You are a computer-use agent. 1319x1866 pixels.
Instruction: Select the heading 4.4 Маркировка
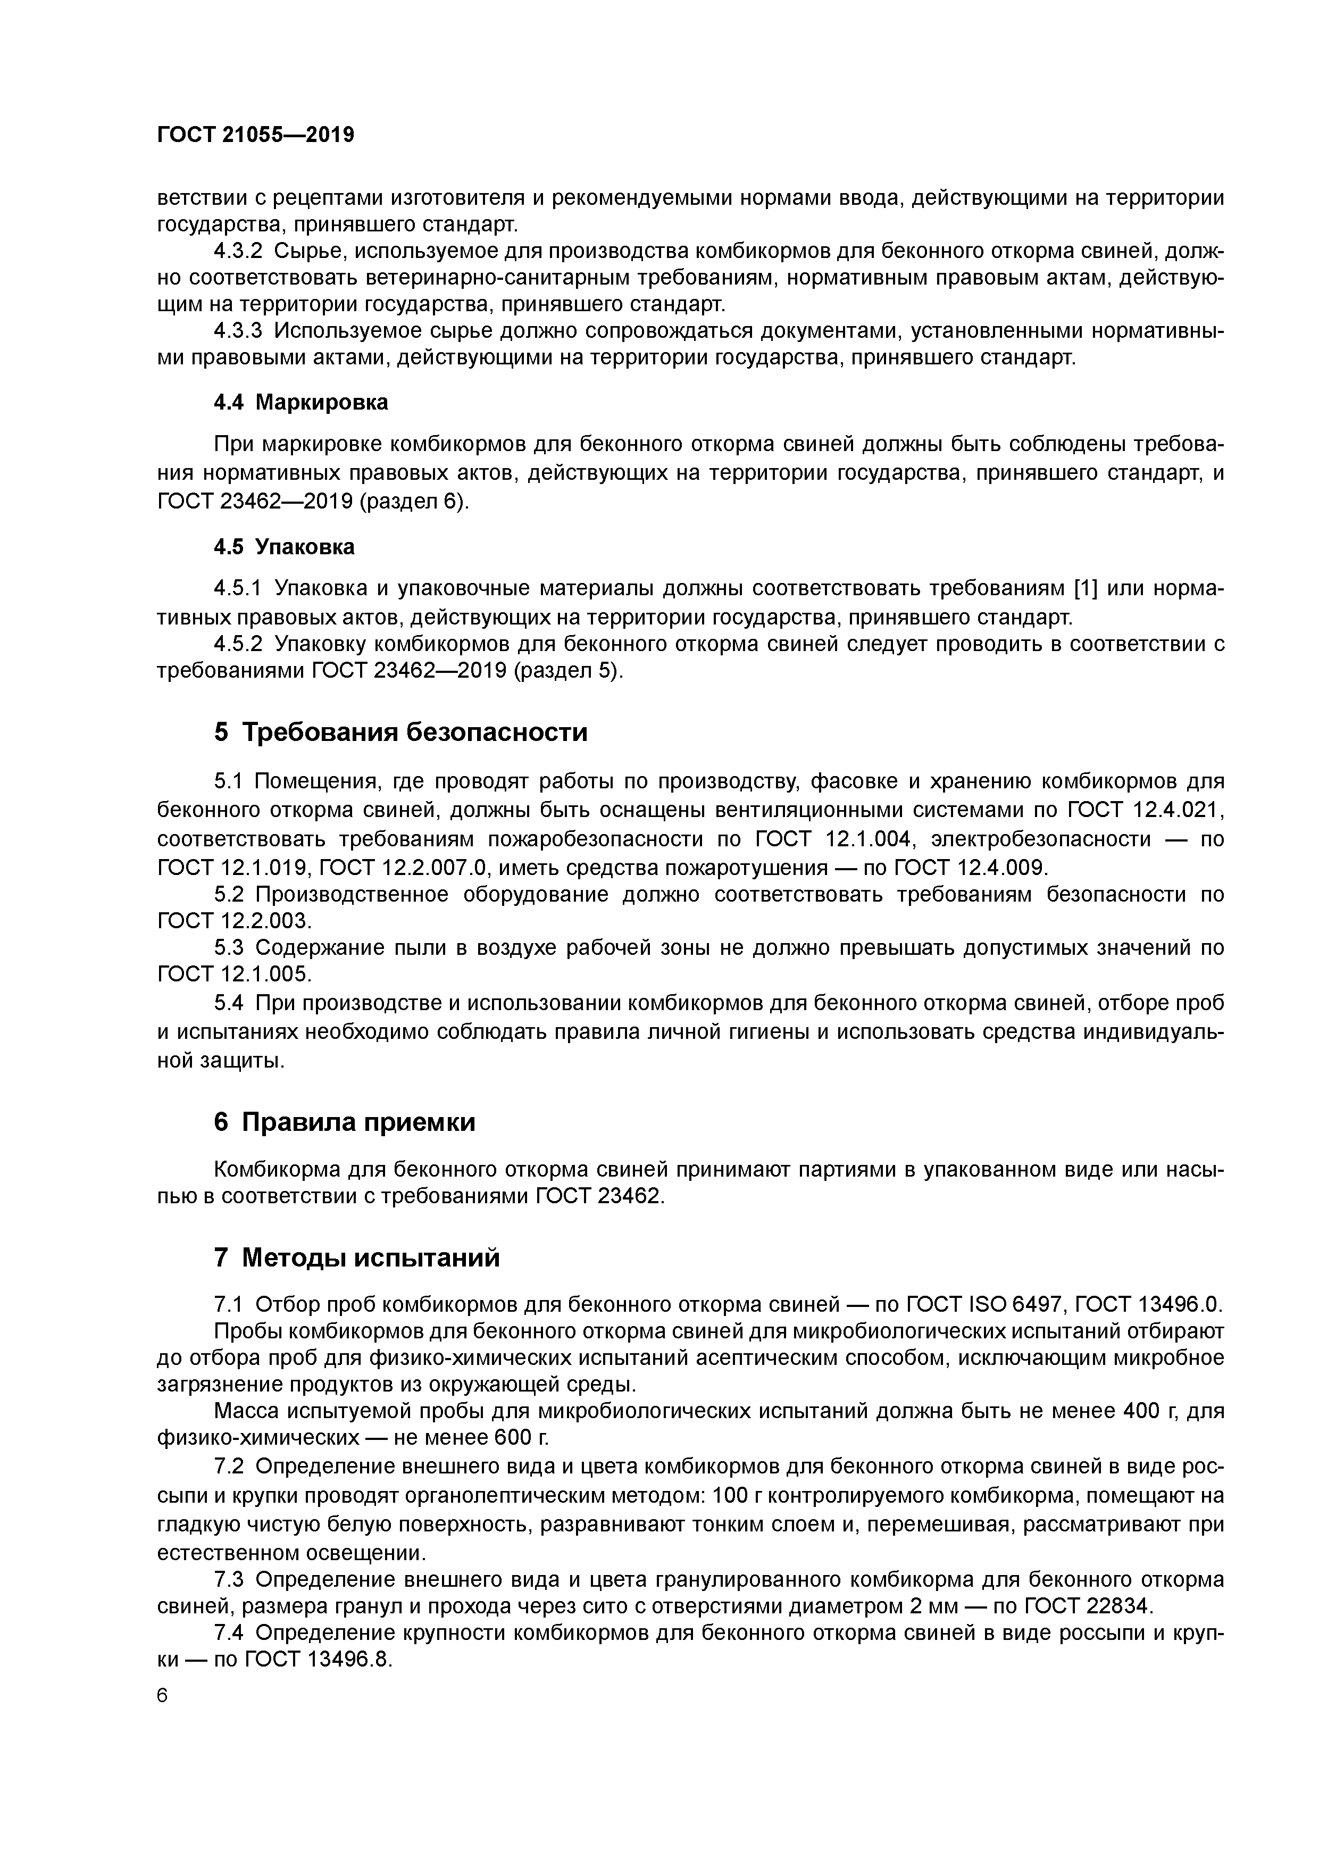point(300,402)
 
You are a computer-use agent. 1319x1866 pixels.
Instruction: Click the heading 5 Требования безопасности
point(400,732)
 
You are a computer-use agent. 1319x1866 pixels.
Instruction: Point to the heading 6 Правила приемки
point(344,1122)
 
